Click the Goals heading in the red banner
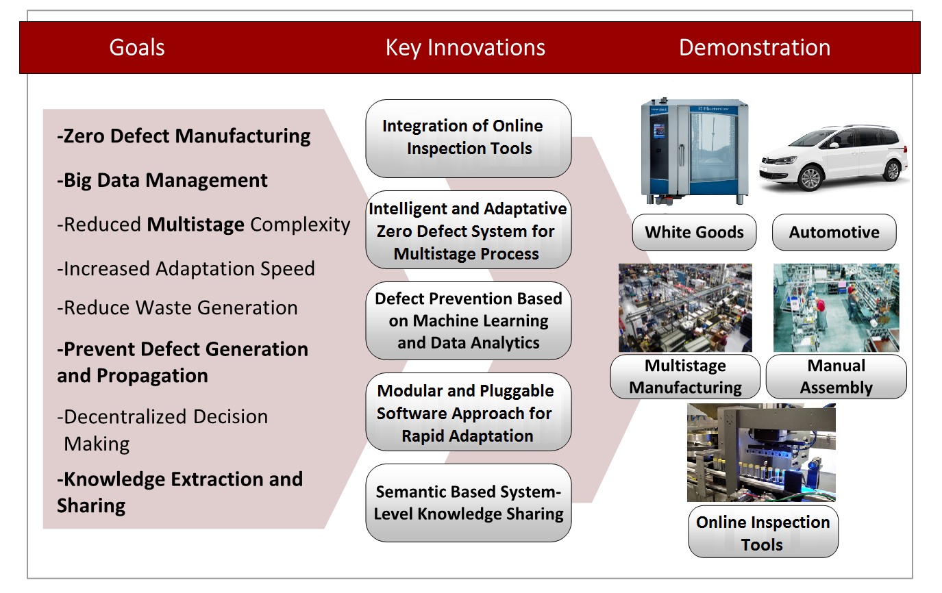[x=137, y=48]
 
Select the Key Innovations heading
[x=465, y=48]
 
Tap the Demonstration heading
[x=754, y=48]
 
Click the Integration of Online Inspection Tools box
[x=468, y=138]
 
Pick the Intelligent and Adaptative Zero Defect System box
[x=468, y=231]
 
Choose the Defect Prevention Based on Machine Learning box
[x=468, y=320]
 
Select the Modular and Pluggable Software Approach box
[x=468, y=413]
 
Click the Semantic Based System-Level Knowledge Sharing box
[x=468, y=503]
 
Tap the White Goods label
[x=694, y=232]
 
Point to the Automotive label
[x=834, y=232]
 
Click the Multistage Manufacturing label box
[x=685, y=377]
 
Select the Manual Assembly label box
[x=836, y=377]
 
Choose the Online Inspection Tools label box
[x=763, y=533]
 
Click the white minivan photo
[x=834, y=156]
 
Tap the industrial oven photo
[x=694, y=151]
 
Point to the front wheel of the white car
[x=810, y=178]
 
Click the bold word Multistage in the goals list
[x=196, y=225]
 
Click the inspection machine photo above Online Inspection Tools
[x=761, y=453]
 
